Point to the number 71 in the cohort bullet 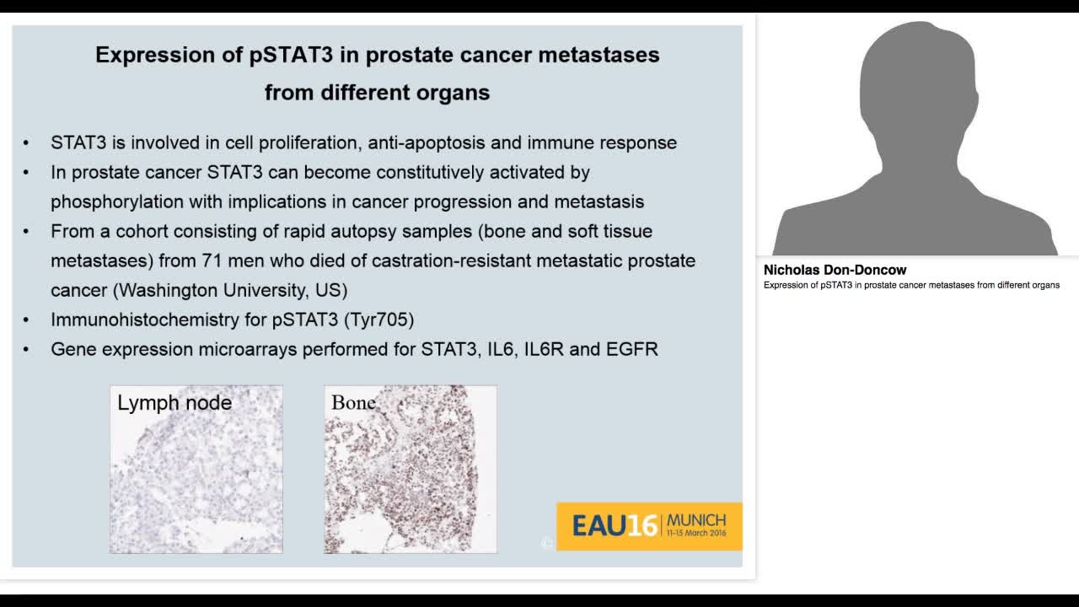(x=213, y=261)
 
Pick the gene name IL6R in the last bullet (x=544, y=349)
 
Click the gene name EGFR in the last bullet (x=631, y=349)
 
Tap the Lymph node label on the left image (x=174, y=403)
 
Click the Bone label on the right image (x=353, y=403)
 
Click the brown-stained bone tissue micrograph (x=411, y=481)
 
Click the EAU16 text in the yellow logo (x=615, y=526)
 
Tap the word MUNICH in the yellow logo (x=696, y=519)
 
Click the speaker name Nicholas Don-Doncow (x=835, y=271)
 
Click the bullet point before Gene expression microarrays (x=26, y=349)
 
